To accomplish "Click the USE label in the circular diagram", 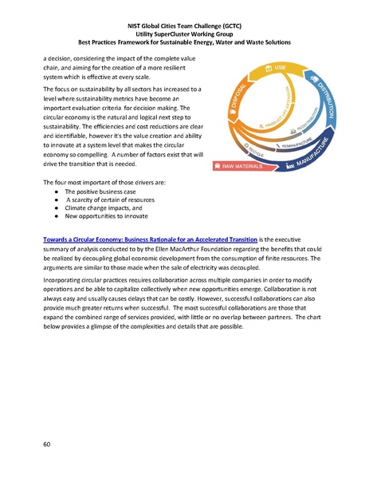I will pyautogui.click(x=281, y=70).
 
